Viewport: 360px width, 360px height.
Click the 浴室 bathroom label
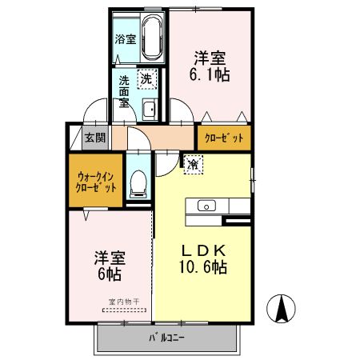[126, 38]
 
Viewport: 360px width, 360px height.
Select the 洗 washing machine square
[146, 78]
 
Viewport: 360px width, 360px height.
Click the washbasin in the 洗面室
[150, 110]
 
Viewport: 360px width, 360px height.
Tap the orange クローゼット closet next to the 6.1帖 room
[223, 138]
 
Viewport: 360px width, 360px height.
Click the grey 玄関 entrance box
[95, 137]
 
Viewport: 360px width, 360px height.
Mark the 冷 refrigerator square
[194, 164]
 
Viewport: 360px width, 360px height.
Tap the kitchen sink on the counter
[206, 206]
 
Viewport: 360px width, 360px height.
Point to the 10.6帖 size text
[203, 266]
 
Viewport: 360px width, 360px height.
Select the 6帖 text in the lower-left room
[110, 274]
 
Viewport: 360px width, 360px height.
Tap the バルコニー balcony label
[167, 338]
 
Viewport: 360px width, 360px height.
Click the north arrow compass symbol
[282, 307]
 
